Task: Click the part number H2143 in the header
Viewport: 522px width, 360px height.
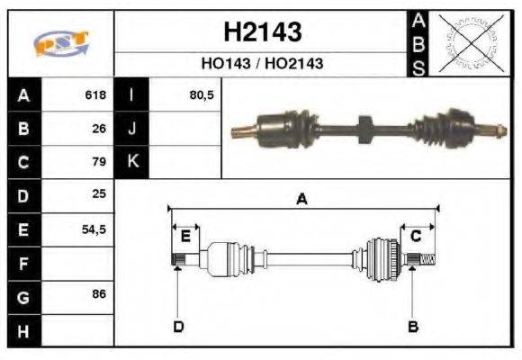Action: pos(262,33)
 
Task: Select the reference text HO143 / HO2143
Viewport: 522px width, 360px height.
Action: pos(262,65)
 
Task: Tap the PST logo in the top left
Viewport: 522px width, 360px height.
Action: pos(60,44)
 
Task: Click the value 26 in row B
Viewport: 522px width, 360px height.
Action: pos(100,129)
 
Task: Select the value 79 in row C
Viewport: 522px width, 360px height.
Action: pos(100,163)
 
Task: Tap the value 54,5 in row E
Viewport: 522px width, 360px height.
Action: pos(94,229)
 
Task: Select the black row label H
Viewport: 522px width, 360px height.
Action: pos(22,330)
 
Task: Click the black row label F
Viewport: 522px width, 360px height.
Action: pos(22,264)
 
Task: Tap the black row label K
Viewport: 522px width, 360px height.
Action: pos(132,163)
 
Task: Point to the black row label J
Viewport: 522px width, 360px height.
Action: pos(132,129)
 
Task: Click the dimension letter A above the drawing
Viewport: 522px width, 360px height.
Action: pos(302,200)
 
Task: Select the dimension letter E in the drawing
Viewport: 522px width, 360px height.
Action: pos(184,236)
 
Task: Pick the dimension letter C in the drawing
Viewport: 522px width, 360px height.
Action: pos(416,236)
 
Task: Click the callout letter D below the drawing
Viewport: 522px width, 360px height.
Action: pos(177,326)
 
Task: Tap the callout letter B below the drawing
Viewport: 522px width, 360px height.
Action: pos(413,326)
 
